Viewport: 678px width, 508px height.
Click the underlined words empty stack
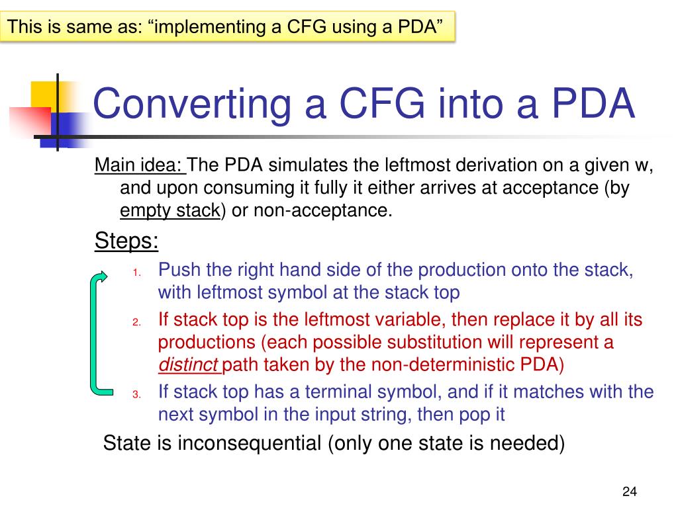click(x=169, y=210)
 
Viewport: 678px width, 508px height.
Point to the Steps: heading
click(x=126, y=241)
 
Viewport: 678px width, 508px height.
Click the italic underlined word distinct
click(x=189, y=364)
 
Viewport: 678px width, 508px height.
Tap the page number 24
click(x=629, y=491)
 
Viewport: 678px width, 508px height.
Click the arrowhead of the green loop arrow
click(x=101, y=276)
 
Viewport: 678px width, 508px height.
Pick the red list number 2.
click(x=136, y=322)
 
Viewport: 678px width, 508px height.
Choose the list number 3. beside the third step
click(x=136, y=394)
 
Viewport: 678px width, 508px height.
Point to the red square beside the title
click(x=30, y=122)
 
